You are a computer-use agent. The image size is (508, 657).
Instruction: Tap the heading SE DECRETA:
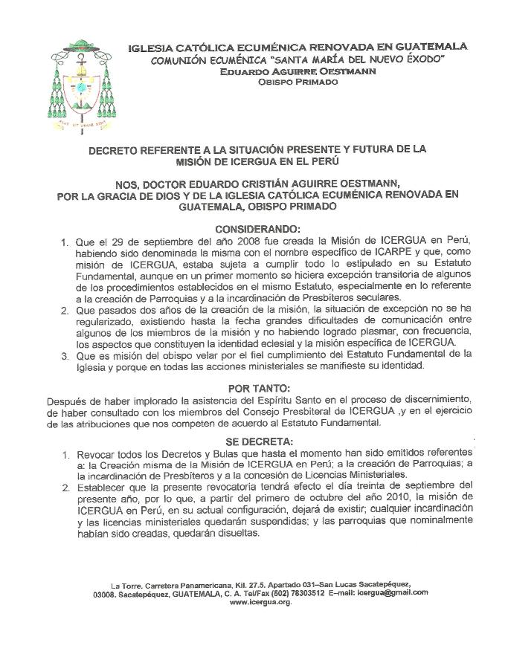254,440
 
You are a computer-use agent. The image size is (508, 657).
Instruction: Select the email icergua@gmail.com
392,592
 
